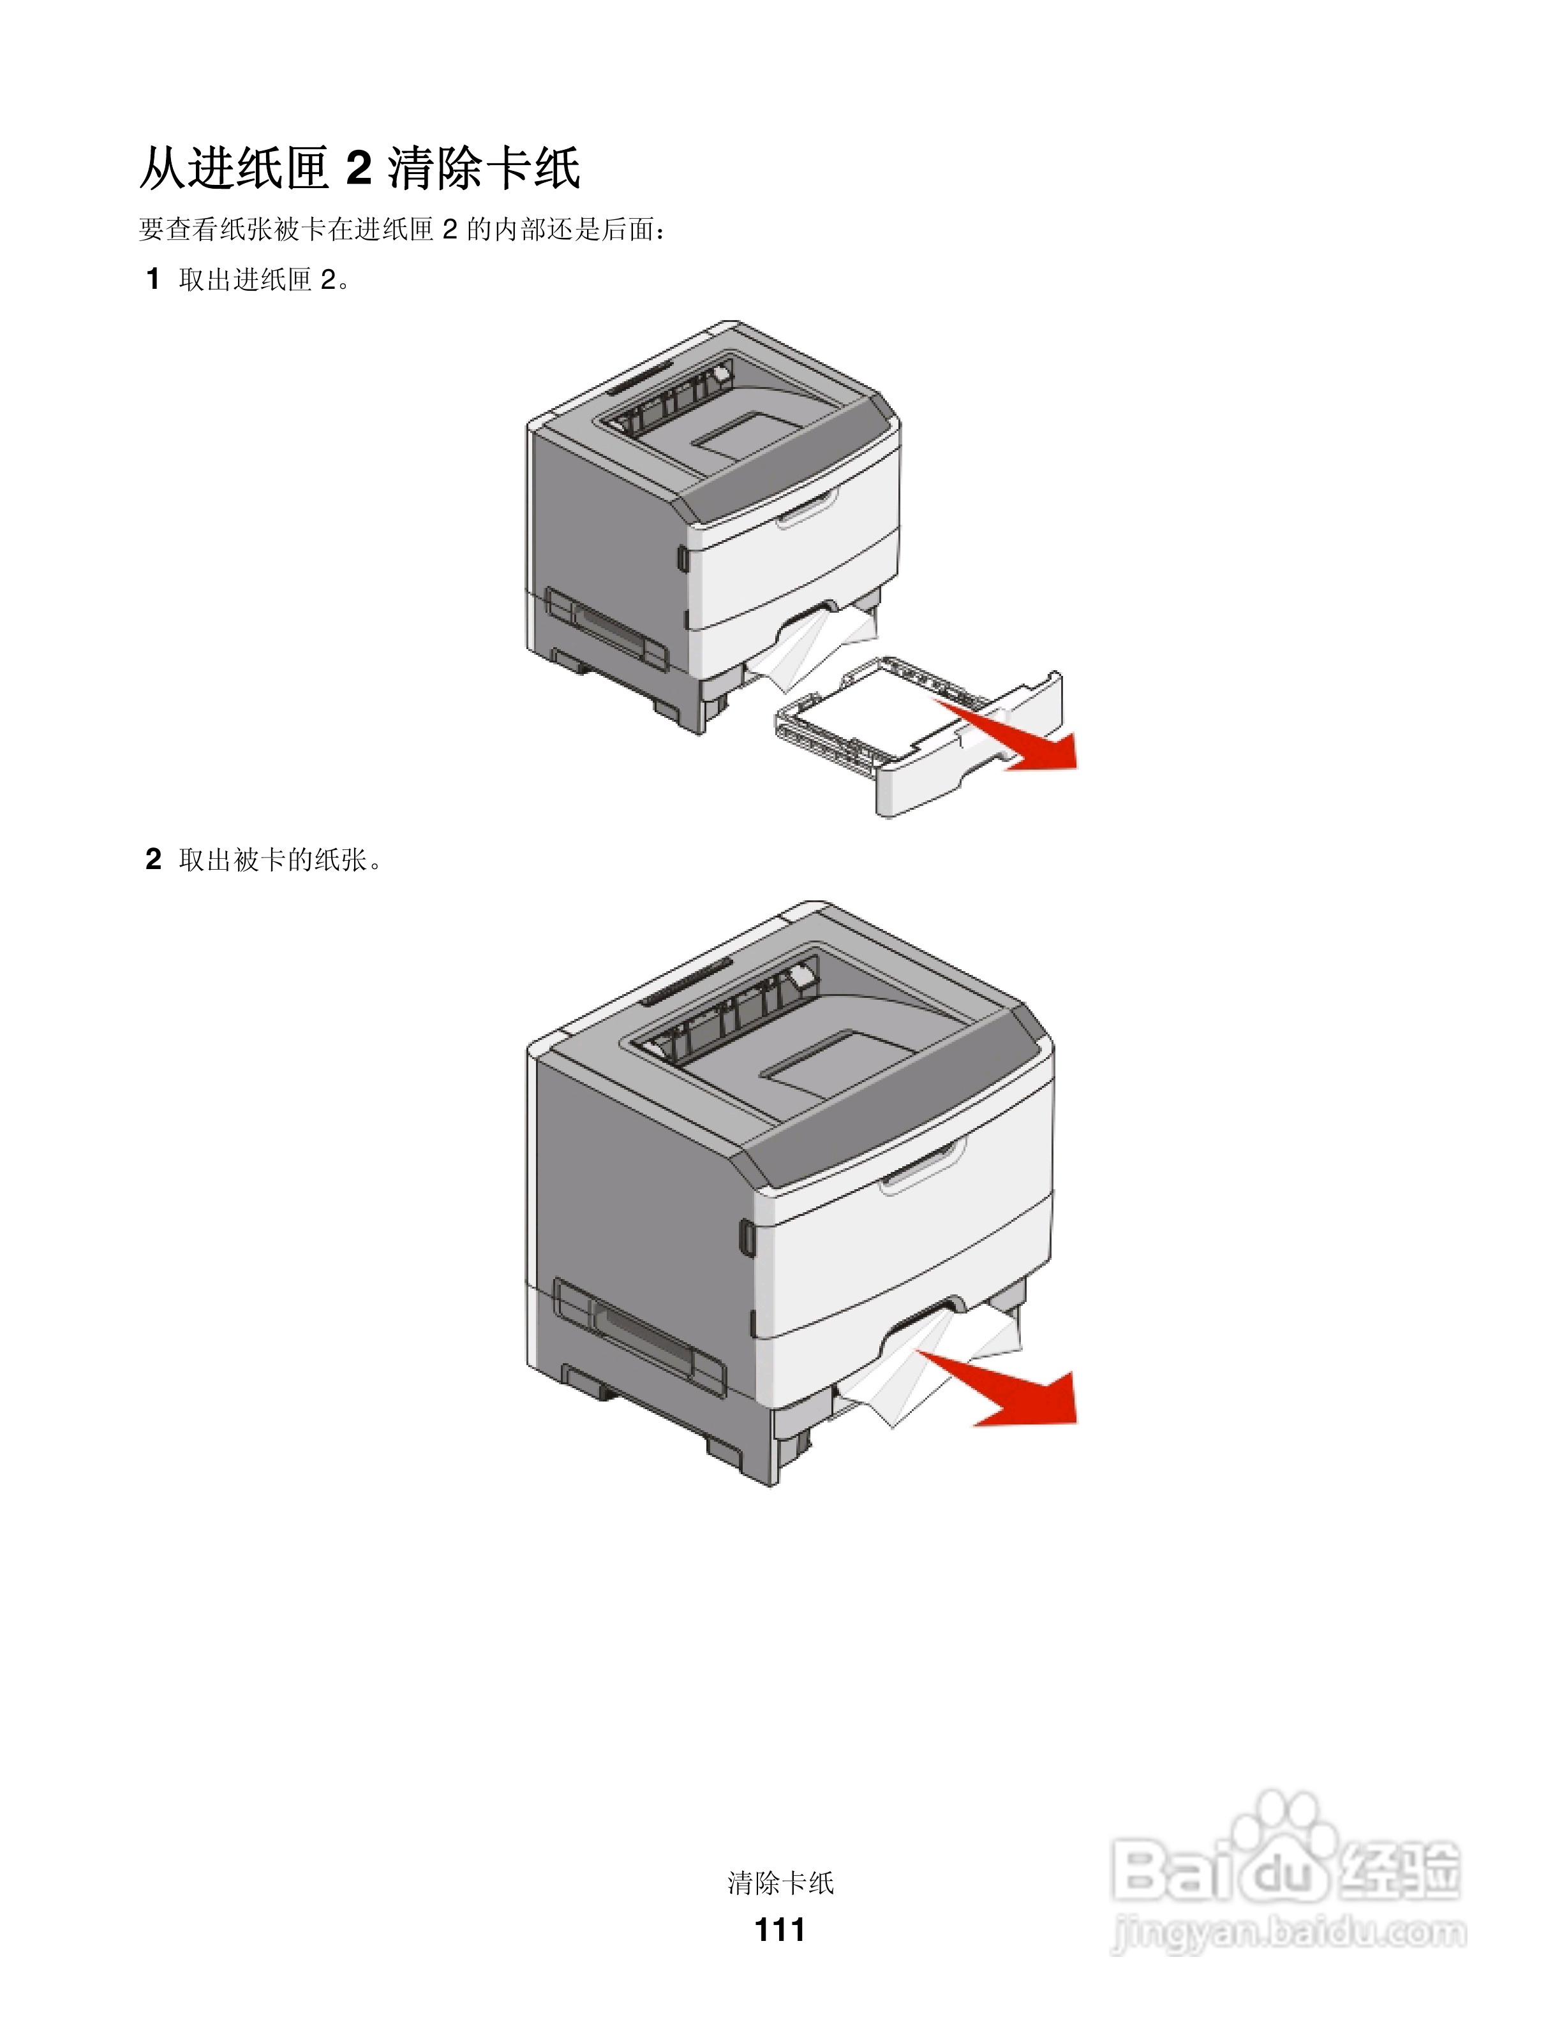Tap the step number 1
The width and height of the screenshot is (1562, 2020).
[x=154, y=279]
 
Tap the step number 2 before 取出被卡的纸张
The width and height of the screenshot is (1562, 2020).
[x=154, y=860]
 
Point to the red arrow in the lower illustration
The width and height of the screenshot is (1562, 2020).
[x=1009, y=1392]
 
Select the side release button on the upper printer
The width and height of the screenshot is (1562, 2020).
[x=682, y=559]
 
